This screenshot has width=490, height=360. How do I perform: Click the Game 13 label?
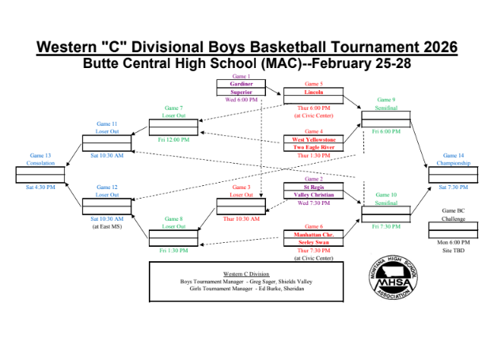click(41, 156)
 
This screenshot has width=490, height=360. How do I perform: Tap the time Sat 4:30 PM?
click(41, 187)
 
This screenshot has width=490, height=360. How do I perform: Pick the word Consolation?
click(41, 163)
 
